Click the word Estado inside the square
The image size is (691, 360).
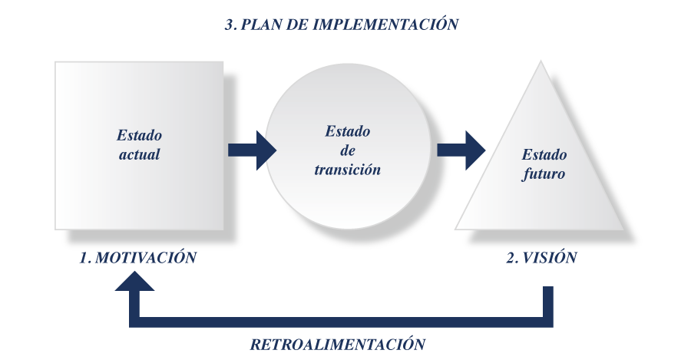(x=139, y=135)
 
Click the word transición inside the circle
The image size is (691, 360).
(x=347, y=170)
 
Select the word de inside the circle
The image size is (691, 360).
(x=347, y=150)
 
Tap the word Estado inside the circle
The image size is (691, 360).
(x=347, y=131)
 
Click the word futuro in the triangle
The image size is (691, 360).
(x=544, y=173)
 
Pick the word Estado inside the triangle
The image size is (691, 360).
(x=544, y=154)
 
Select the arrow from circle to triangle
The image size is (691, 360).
(x=461, y=150)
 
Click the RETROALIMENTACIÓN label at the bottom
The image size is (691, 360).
(x=337, y=344)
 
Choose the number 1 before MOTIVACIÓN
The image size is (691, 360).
(x=84, y=258)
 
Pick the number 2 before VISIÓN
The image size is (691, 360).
(x=511, y=258)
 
